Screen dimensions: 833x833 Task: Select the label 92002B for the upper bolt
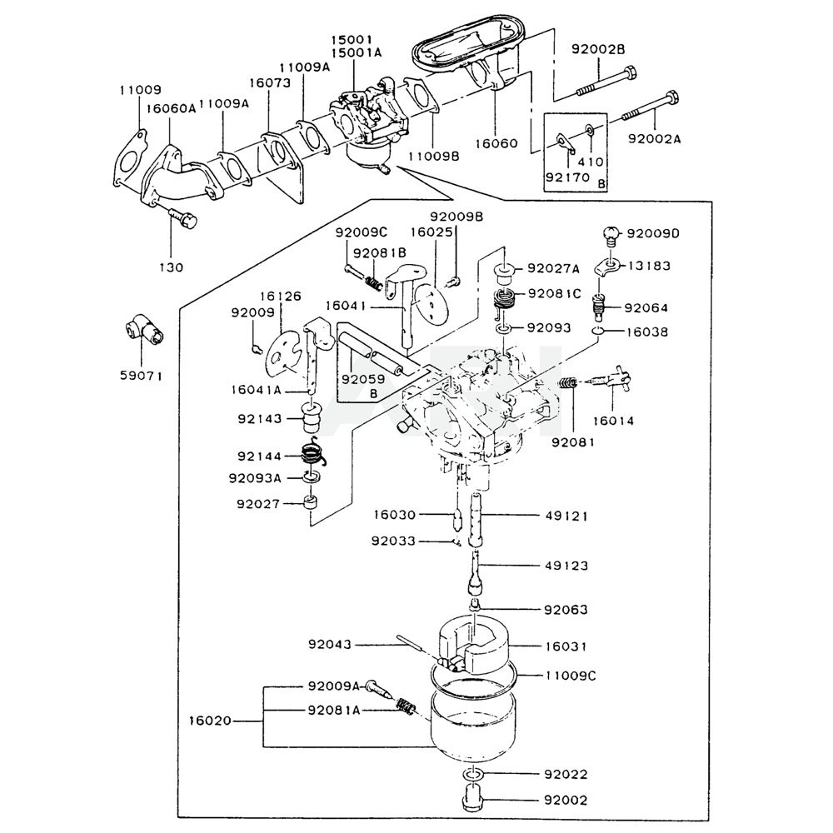598,49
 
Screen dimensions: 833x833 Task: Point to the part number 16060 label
496,143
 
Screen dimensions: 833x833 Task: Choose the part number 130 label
171,267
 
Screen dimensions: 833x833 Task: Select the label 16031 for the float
566,646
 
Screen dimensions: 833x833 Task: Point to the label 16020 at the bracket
210,721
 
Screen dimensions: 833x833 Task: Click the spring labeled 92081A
407,707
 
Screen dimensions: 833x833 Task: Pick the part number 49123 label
566,566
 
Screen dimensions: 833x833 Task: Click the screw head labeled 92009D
611,234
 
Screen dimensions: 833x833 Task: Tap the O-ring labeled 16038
599,332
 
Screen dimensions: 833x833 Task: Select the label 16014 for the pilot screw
614,421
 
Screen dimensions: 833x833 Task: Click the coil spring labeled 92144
313,452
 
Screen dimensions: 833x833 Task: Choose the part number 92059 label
363,379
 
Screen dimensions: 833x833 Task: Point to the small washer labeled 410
590,129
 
